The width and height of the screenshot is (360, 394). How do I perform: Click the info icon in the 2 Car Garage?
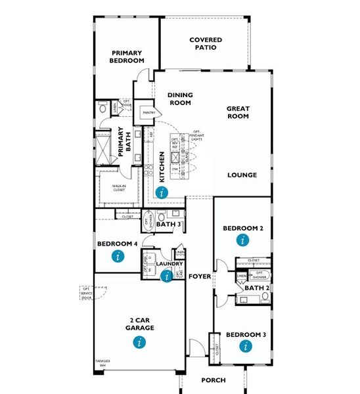[138, 341]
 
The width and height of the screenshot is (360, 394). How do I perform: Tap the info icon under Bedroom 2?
[243, 240]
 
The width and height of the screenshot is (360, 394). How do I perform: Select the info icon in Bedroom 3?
[246, 345]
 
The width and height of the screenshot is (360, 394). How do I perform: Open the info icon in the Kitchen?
[162, 192]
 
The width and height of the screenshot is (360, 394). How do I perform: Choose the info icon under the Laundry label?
[166, 276]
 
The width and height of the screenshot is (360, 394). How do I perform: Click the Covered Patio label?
[206, 44]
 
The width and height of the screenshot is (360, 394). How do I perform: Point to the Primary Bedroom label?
[127, 57]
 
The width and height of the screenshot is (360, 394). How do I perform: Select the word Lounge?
[242, 175]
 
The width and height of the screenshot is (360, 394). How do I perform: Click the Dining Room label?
[180, 98]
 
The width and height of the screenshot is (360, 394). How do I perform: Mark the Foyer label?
[200, 276]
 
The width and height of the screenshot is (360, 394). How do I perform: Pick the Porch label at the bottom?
[213, 380]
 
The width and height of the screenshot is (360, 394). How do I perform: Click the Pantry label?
[148, 112]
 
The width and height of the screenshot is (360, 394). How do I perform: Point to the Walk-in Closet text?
[119, 188]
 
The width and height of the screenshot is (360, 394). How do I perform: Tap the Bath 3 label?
[169, 225]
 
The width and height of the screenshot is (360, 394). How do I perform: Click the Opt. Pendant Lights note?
[196, 137]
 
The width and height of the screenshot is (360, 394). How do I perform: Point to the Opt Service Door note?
[86, 293]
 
